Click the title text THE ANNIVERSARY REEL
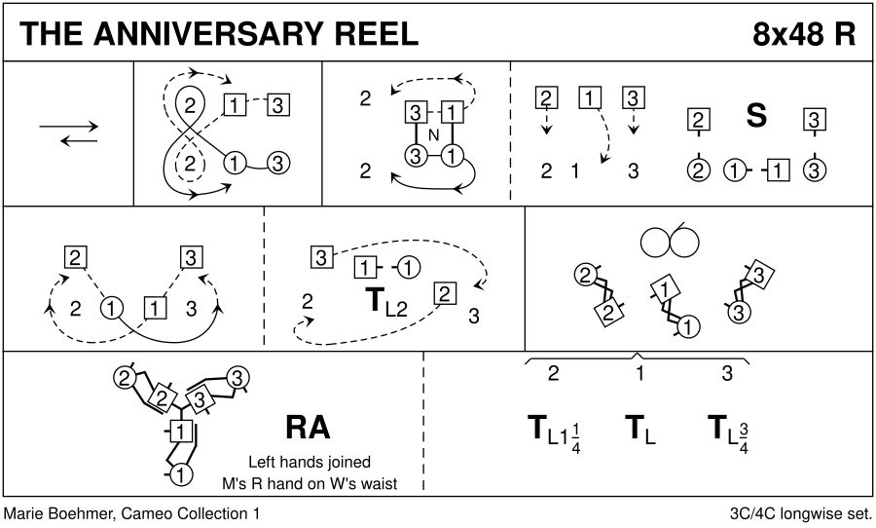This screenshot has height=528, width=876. (218, 33)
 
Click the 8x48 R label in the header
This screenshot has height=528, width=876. (804, 33)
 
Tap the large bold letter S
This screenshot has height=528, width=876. (755, 117)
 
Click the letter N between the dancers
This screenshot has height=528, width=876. (433, 132)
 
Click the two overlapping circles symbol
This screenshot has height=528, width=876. (672, 239)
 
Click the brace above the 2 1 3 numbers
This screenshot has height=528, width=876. (638, 358)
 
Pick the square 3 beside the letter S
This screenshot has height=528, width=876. (814, 121)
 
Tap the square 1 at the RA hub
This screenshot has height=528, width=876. (179, 431)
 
